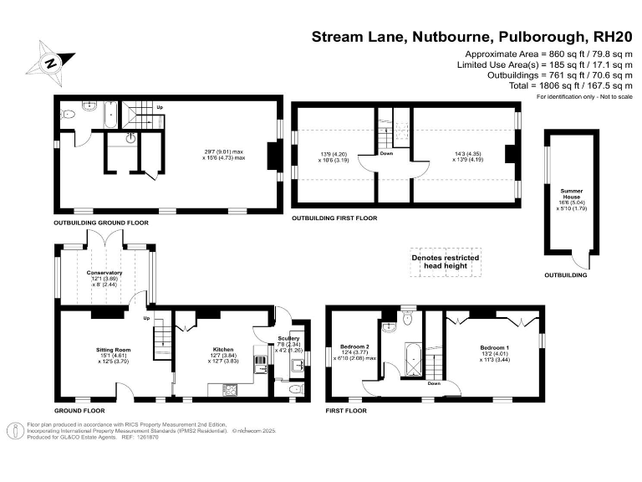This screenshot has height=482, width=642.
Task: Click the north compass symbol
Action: [51, 62]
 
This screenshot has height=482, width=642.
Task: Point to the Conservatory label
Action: [105, 273]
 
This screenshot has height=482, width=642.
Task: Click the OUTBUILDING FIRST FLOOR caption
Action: [334, 218]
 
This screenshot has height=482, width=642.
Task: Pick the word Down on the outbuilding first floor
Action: [386, 153]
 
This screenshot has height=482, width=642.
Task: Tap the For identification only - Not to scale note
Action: [584, 97]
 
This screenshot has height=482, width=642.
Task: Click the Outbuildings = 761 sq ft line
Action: [544, 74]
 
